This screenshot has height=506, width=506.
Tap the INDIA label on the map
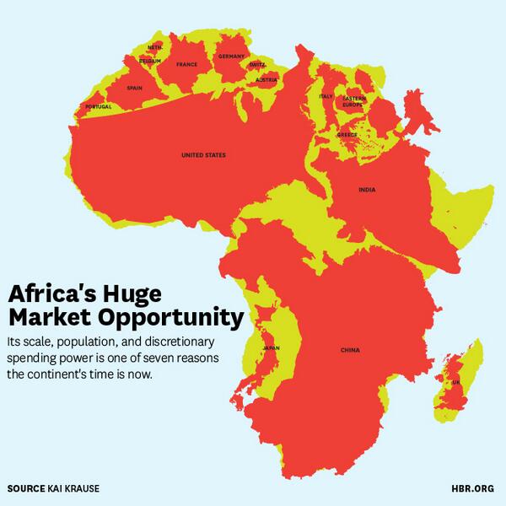click(x=366, y=190)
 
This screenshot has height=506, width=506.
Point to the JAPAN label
click(x=271, y=347)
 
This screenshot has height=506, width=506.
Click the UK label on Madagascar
click(x=456, y=381)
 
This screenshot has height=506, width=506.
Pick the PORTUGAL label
click(x=99, y=107)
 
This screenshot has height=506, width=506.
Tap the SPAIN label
click(x=134, y=88)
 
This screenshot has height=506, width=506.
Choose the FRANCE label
click(x=186, y=64)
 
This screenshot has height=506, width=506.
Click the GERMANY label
click(x=230, y=57)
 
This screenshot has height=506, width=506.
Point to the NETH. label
click(x=154, y=47)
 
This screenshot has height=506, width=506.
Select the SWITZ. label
click(x=257, y=64)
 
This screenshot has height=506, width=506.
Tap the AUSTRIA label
click(x=266, y=80)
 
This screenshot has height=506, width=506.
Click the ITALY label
click(x=326, y=96)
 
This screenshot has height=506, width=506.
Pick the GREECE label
click(x=347, y=135)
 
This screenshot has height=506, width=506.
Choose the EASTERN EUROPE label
click(x=355, y=103)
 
